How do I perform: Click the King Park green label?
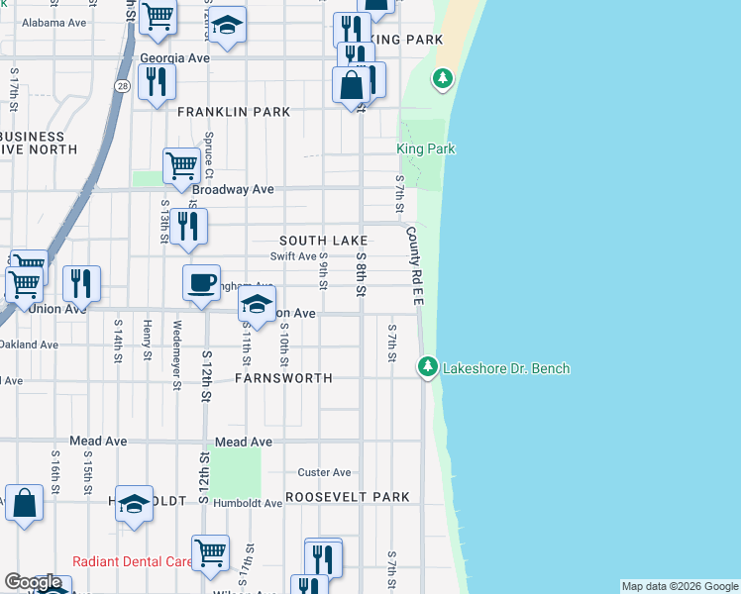426,148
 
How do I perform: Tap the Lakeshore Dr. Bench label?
505,369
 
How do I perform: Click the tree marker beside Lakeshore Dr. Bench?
427,367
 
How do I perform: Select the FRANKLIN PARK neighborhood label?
234,112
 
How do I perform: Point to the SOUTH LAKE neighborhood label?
323,241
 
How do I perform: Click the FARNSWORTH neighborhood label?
283,378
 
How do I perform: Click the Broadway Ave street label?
233,189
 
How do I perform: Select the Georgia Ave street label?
175,58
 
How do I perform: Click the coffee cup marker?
201,283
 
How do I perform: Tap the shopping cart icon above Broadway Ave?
181,165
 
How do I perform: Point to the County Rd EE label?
413,265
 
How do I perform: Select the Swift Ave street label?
293,255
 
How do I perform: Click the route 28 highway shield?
120,86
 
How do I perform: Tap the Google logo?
33,582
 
